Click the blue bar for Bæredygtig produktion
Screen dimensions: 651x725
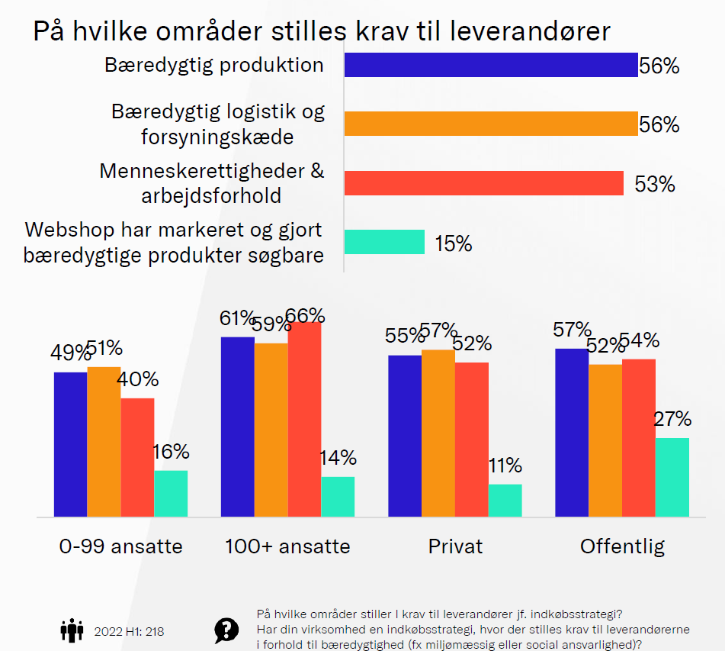[x=490, y=65]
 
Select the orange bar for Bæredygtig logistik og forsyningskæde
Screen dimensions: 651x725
[x=490, y=124]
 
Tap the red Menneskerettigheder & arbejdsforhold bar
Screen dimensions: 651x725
[x=484, y=183]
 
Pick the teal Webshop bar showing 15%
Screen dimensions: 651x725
[x=384, y=242]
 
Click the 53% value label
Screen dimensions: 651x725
[x=655, y=184]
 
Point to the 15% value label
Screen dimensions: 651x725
[x=454, y=243]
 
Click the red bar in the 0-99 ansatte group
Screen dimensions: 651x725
[x=137, y=456]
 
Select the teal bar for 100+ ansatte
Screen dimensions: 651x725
[x=338, y=496]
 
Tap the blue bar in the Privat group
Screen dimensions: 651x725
[x=404, y=435]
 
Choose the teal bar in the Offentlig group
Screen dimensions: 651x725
[x=672, y=476]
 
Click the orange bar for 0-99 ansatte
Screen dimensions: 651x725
[x=104, y=441]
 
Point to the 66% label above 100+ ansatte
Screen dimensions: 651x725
[x=306, y=316]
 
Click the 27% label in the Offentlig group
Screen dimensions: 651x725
[x=672, y=420]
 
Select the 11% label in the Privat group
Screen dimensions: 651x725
[x=505, y=466]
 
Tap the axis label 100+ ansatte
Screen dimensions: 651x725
[x=287, y=546]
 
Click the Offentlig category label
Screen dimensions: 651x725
[x=622, y=546]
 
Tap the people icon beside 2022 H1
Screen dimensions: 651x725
[x=72, y=631]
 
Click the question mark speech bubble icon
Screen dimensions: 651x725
[x=226, y=630]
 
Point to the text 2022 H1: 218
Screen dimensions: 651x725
[x=129, y=632]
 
